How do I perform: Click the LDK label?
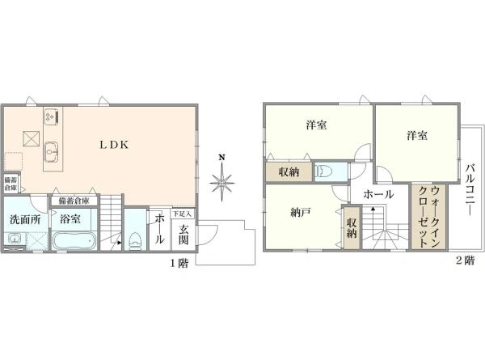111,145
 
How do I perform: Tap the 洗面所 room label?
25,218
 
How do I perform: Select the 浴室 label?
70,218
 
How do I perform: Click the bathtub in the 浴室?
74,241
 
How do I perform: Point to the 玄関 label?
183,235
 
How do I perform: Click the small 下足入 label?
183,214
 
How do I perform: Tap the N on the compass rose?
220,157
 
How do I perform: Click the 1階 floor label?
179,264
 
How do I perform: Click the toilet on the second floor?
327,171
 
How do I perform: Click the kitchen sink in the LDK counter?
52,149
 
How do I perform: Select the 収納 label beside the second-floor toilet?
289,171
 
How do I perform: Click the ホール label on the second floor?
378,194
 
